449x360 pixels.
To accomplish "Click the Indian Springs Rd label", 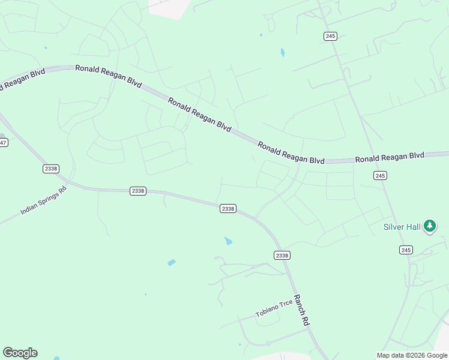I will [x=44, y=200].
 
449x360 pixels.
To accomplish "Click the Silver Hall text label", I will [x=402, y=227].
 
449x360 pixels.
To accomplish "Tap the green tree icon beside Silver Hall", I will [x=429, y=226].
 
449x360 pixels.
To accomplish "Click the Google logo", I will [x=20, y=353].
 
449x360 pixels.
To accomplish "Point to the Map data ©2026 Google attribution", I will [x=412, y=355].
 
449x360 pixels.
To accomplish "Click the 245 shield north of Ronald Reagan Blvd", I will [x=330, y=36].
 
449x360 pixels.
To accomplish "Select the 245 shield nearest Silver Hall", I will [x=406, y=250].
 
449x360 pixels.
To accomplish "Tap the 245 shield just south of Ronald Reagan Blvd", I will [x=379, y=175].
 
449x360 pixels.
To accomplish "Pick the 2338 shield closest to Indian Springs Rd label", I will [x=50, y=169].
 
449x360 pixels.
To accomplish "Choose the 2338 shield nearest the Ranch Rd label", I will [x=282, y=255].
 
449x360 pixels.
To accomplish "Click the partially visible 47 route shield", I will [x=3, y=142].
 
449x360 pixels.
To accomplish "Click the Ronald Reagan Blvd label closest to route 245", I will [x=389, y=158].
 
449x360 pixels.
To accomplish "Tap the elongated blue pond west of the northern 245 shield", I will [x=282, y=53].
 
